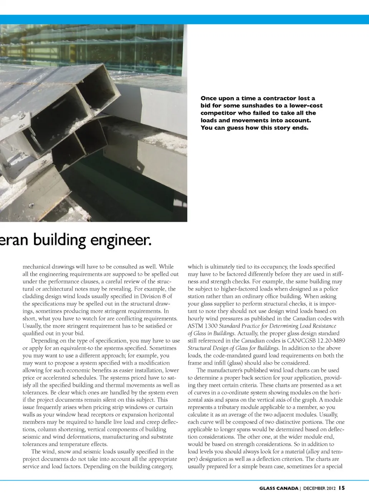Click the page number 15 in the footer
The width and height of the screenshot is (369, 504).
click(x=342, y=488)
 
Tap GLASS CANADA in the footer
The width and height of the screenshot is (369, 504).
click(x=279, y=488)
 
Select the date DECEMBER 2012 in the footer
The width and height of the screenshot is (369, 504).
click(x=319, y=488)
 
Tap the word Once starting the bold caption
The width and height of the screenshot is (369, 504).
click(x=209, y=98)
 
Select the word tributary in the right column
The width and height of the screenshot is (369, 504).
click(x=228, y=407)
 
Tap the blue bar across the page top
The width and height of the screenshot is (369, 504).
click(x=184, y=19)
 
